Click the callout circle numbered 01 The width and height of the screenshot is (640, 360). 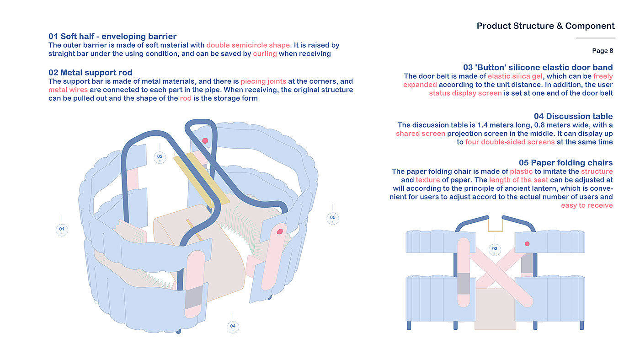(62, 230)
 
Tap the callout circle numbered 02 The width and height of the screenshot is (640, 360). (160, 157)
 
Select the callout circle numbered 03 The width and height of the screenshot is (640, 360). (495, 249)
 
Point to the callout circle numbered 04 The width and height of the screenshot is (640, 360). (233, 327)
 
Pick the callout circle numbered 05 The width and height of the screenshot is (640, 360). (333, 218)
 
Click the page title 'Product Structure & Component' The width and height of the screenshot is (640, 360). (545, 26)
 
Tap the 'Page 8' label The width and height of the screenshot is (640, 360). (603, 51)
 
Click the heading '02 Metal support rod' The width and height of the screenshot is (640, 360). (91, 73)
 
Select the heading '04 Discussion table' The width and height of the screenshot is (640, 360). (573, 116)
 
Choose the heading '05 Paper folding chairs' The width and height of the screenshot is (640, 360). (566, 163)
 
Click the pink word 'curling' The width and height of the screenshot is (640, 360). (265, 54)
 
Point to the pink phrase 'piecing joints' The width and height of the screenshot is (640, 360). (263, 81)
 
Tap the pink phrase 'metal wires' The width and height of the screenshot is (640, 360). (68, 90)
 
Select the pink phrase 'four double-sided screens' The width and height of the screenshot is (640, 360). (510, 142)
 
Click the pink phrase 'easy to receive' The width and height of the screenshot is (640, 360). (587, 205)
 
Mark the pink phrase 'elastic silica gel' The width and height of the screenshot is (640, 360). (515, 76)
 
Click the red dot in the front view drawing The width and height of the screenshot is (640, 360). (527, 244)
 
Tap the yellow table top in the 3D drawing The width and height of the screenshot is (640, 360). (202, 178)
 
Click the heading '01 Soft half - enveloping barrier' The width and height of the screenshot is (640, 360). (112, 36)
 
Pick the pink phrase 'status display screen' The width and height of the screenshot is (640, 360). (465, 93)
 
